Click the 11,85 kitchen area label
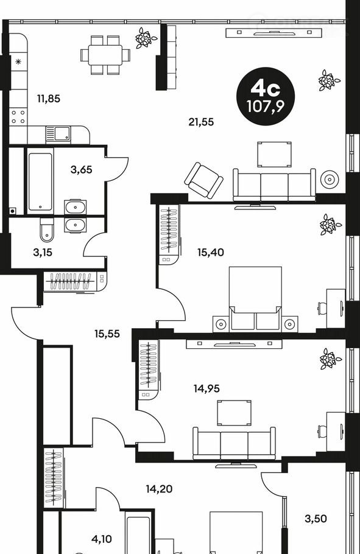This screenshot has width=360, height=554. pyautogui.click(x=49, y=99)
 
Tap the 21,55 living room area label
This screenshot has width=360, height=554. pyautogui.click(x=201, y=122)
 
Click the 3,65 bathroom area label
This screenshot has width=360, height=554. pyautogui.click(x=82, y=170)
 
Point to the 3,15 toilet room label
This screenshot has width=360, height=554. pyautogui.click(x=43, y=252)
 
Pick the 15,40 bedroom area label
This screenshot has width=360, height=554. pyautogui.click(x=211, y=252)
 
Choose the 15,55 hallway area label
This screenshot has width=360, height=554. pyautogui.click(x=107, y=334)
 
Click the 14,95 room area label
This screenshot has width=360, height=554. pyautogui.click(x=206, y=388)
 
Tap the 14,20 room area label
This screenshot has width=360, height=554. pyautogui.click(x=159, y=489)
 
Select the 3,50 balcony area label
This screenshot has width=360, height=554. pyautogui.click(x=316, y=519)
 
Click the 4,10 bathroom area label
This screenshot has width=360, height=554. pyautogui.click(x=102, y=539)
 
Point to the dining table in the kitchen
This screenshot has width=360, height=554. pyautogui.click(x=105, y=55)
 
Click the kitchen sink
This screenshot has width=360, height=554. pyautogui.click(x=58, y=135)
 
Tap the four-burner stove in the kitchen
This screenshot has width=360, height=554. pyautogui.click(x=18, y=117)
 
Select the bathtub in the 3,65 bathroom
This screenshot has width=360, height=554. pyautogui.click(x=40, y=181)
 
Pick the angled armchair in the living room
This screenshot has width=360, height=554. pyautogui.click(x=203, y=180)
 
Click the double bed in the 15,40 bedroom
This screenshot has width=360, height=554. pyautogui.click(x=255, y=298)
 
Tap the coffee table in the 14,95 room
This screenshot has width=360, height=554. pyautogui.click(x=234, y=413)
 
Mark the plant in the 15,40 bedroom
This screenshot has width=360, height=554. pyautogui.click(x=330, y=225)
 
